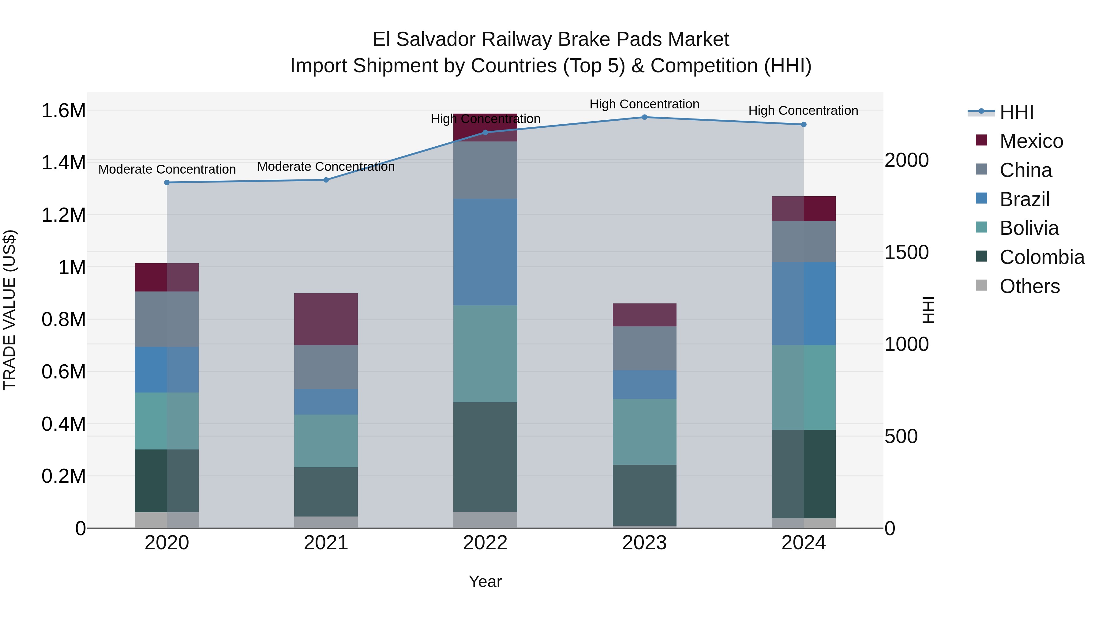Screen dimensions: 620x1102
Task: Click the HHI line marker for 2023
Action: (644, 117)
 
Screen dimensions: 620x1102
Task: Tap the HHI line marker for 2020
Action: (167, 183)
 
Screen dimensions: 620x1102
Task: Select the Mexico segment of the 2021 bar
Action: (326, 319)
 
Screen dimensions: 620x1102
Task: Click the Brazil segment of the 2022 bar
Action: (485, 252)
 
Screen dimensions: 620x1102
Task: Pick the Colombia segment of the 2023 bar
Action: (644, 495)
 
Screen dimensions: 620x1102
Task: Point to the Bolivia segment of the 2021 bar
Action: (326, 441)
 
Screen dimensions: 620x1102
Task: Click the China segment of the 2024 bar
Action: (804, 242)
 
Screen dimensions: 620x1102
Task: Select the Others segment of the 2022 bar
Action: (485, 520)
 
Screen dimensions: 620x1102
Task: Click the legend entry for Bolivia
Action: (1029, 228)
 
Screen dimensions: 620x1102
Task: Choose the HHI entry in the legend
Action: (1016, 112)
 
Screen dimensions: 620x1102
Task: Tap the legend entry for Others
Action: (1029, 286)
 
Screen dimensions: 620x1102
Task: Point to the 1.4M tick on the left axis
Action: (63, 163)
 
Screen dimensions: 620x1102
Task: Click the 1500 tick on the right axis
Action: (906, 253)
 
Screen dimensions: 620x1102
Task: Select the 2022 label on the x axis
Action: (485, 543)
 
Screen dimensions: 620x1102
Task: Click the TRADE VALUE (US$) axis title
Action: (9, 310)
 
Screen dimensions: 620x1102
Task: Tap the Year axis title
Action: (485, 581)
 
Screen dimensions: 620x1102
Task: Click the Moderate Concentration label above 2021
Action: (326, 167)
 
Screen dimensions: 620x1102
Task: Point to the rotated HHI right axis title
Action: (928, 310)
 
